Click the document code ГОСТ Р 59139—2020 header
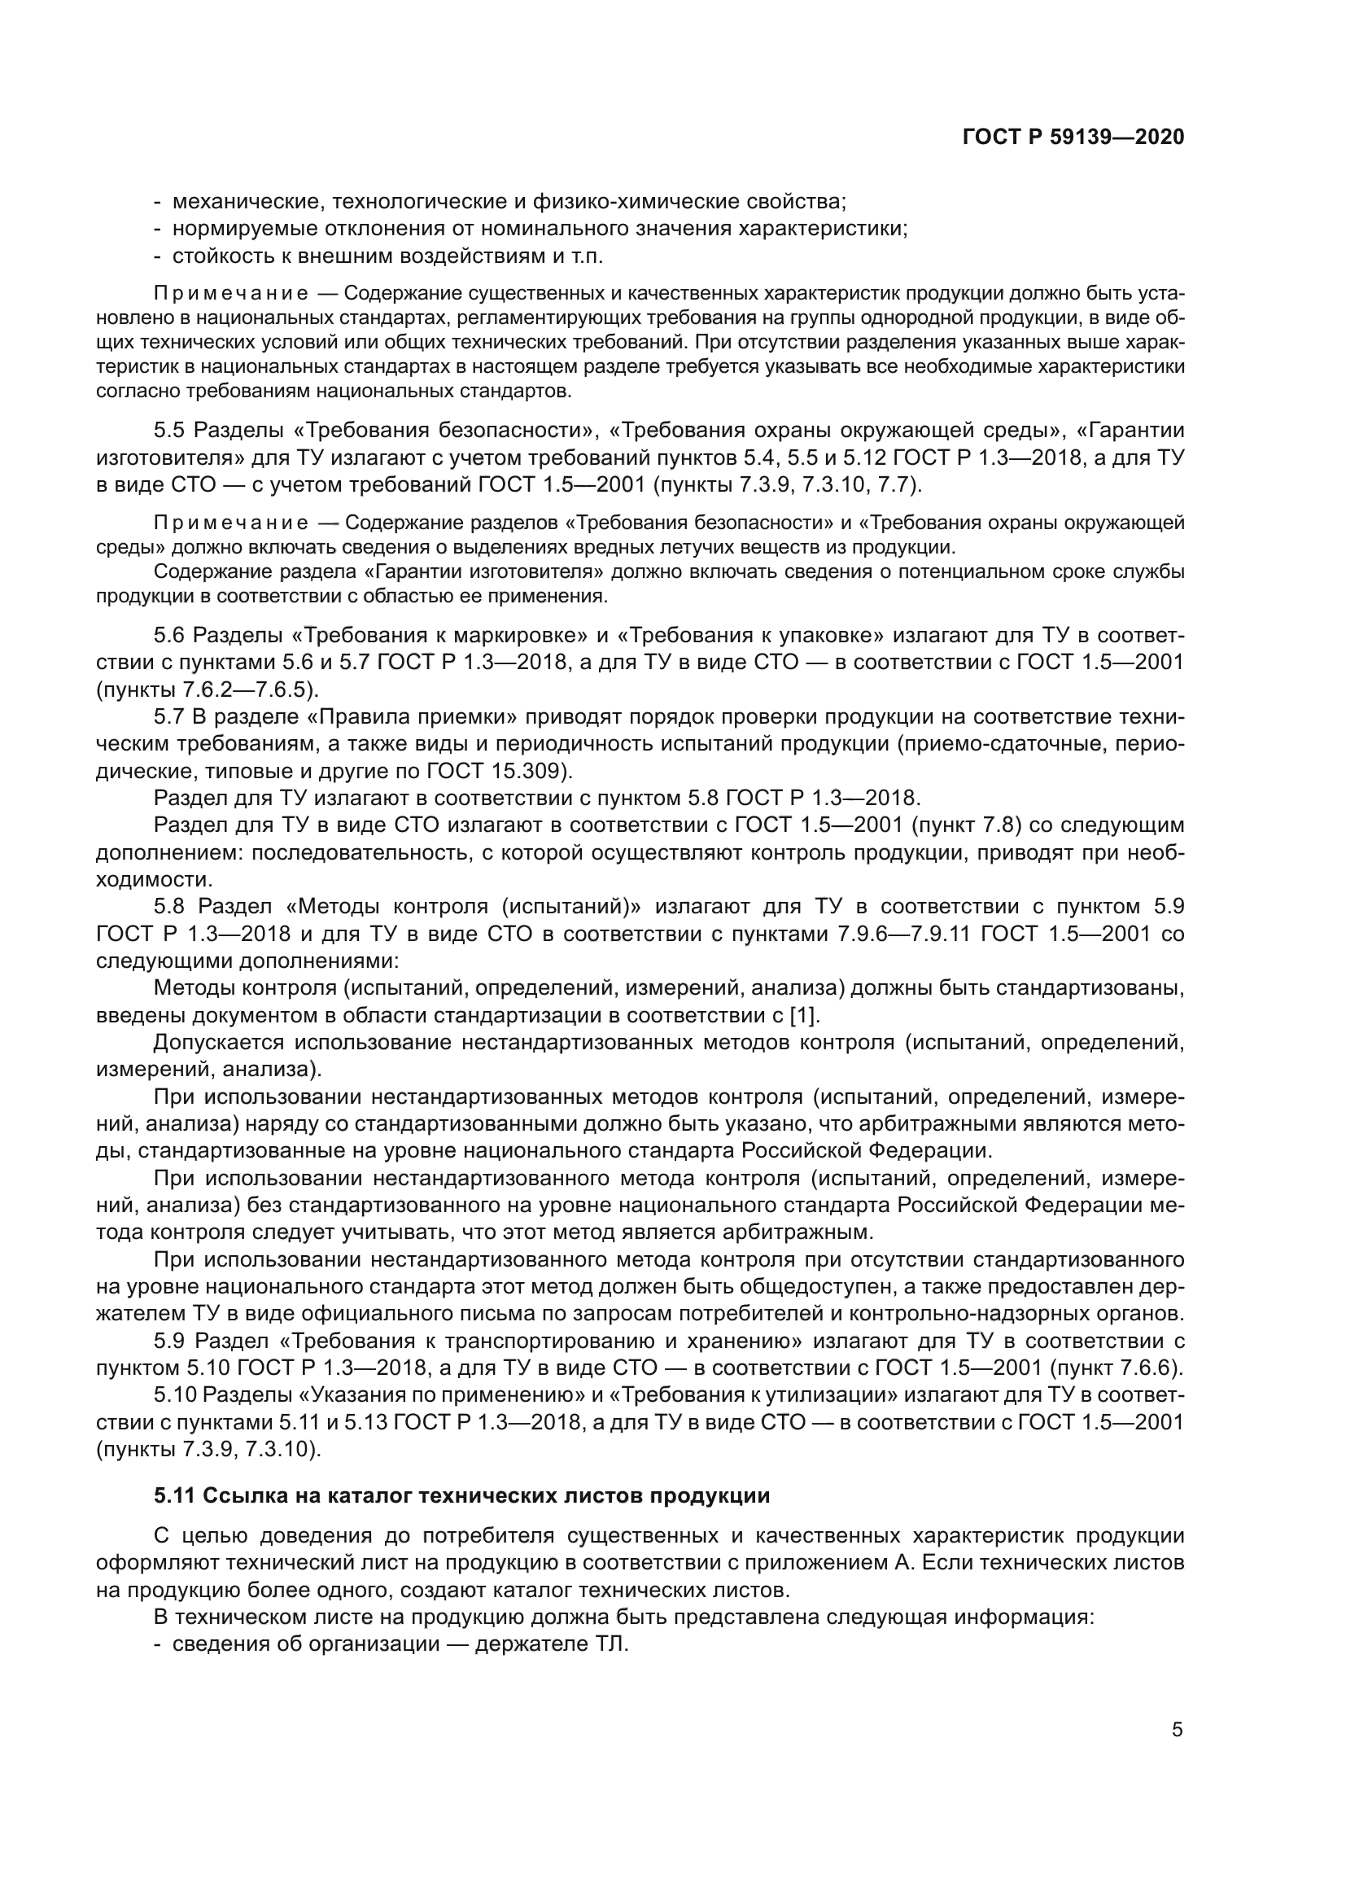[1073, 138]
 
